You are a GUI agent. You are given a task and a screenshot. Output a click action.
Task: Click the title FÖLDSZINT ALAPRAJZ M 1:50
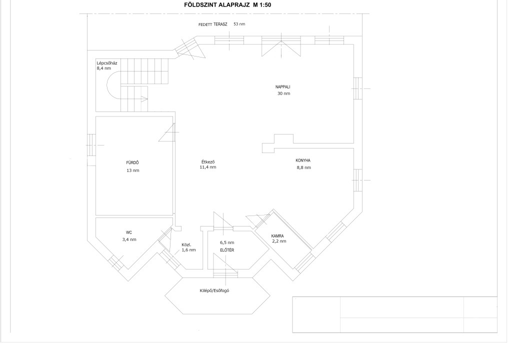pyautogui.click(x=227, y=5)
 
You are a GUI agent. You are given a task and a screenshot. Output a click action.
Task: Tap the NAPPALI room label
pyautogui.click(x=282, y=87)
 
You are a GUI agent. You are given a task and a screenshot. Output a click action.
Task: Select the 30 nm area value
pyautogui.click(x=283, y=93)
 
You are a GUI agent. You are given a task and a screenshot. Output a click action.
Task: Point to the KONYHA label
pyautogui.click(x=303, y=160)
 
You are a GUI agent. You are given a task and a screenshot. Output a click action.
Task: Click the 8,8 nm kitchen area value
pyautogui.click(x=304, y=167)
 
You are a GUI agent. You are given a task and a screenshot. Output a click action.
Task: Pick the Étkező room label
pyautogui.click(x=208, y=161)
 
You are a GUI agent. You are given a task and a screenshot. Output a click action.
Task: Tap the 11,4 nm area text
pyautogui.click(x=208, y=167)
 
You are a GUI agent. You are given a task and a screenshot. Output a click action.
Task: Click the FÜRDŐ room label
pyautogui.click(x=132, y=162)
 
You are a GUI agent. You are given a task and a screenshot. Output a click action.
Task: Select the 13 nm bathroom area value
pyautogui.click(x=133, y=170)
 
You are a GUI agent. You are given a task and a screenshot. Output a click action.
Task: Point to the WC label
pyautogui.click(x=129, y=232)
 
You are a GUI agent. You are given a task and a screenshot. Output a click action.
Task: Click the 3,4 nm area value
pyautogui.click(x=129, y=239)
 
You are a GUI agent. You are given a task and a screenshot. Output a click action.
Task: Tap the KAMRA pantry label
pyautogui.click(x=277, y=236)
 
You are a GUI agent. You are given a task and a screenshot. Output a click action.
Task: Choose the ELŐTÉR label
pyautogui.click(x=227, y=250)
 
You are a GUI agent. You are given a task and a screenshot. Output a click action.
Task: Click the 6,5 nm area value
pyautogui.click(x=227, y=242)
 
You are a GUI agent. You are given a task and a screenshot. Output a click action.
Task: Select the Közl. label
pyautogui.click(x=186, y=245)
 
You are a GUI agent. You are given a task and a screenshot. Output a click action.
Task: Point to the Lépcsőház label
pyautogui.click(x=107, y=63)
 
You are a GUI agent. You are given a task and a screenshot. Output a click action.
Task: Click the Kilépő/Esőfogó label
pyautogui.click(x=214, y=290)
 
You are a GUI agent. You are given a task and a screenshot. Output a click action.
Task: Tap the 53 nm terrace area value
pyautogui.click(x=239, y=24)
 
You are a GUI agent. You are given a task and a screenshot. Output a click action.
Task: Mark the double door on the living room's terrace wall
pyautogui.click(x=281, y=46)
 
